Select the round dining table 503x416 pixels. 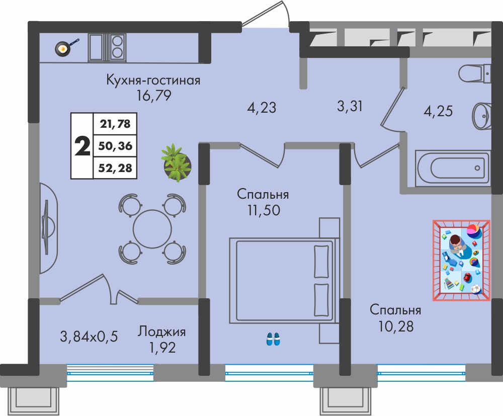coord(152,229)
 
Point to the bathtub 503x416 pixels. coord(453,168)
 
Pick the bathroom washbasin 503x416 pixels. coord(482,116)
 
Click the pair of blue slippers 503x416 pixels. coord(273,339)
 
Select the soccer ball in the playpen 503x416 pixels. coord(476,289)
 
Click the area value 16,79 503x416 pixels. coord(154,95)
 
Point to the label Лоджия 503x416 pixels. coord(161,331)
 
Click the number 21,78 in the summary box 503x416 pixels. coord(115,123)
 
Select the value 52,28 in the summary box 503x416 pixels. coord(115,168)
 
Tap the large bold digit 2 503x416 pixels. coord(82,146)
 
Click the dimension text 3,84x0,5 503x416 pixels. coord(89,337)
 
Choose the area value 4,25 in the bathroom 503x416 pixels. coord(438,111)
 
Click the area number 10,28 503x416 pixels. coord(396,326)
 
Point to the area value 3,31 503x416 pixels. coord(350,106)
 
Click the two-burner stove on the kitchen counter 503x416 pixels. coord(117,47)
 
